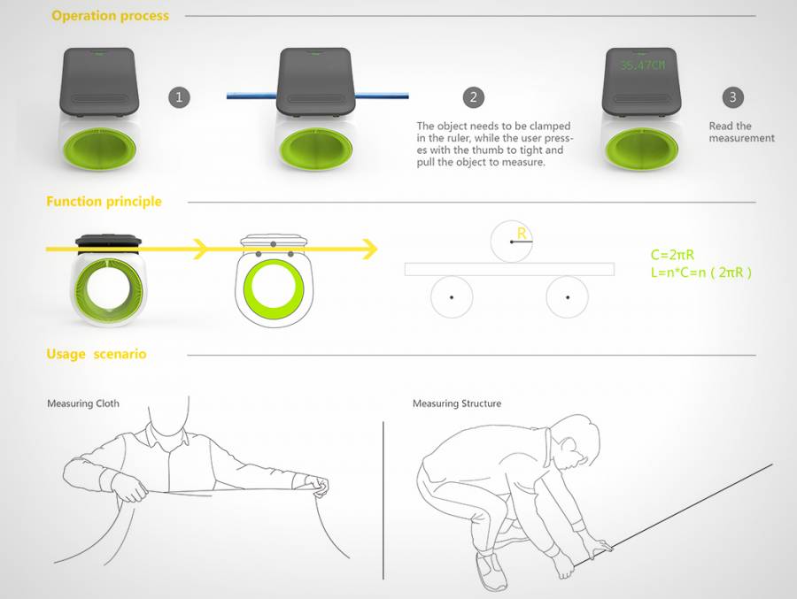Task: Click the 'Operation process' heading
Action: (111, 16)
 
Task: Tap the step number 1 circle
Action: (179, 97)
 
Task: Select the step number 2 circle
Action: (473, 97)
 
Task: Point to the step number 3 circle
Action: (732, 97)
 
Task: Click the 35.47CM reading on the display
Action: (643, 65)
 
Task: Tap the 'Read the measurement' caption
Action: (741, 132)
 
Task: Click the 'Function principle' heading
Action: (104, 201)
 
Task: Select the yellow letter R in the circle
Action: (522, 234)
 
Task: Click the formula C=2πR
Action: (672, 255)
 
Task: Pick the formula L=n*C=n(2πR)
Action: (701, 273)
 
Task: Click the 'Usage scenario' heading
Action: (96, 354)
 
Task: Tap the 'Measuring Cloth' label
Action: (83, 403)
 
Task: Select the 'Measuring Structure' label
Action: (457, 403)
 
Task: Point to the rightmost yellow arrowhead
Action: (369, 249)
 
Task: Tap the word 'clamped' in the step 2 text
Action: (549, 126)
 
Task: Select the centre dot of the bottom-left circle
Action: (452, 297)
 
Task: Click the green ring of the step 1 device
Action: (99, 150)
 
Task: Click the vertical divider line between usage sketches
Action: (383, 501)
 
